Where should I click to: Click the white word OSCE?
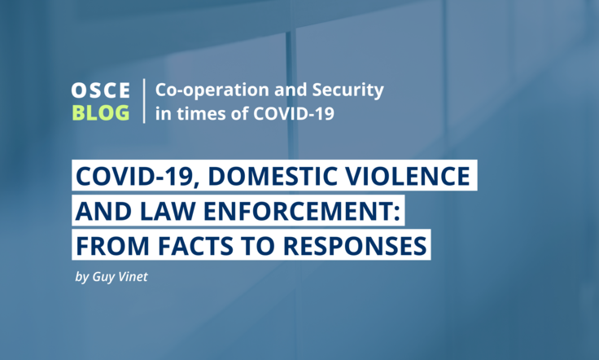[x=100, y=90]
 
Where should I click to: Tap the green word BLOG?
[x=101, y=113]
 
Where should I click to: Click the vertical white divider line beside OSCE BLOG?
[x=144, y=101]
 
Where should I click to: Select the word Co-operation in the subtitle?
[x=212, y=90]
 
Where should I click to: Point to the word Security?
[x=348, y=90]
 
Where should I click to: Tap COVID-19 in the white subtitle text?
[x=294, y=113]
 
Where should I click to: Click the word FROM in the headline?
[x=112, y=245]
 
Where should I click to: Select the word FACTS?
[x=195, y=245]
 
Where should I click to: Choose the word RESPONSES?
[x=355, y=245]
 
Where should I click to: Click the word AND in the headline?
[x=103, y=211]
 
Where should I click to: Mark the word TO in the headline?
[x=258, y=245]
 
